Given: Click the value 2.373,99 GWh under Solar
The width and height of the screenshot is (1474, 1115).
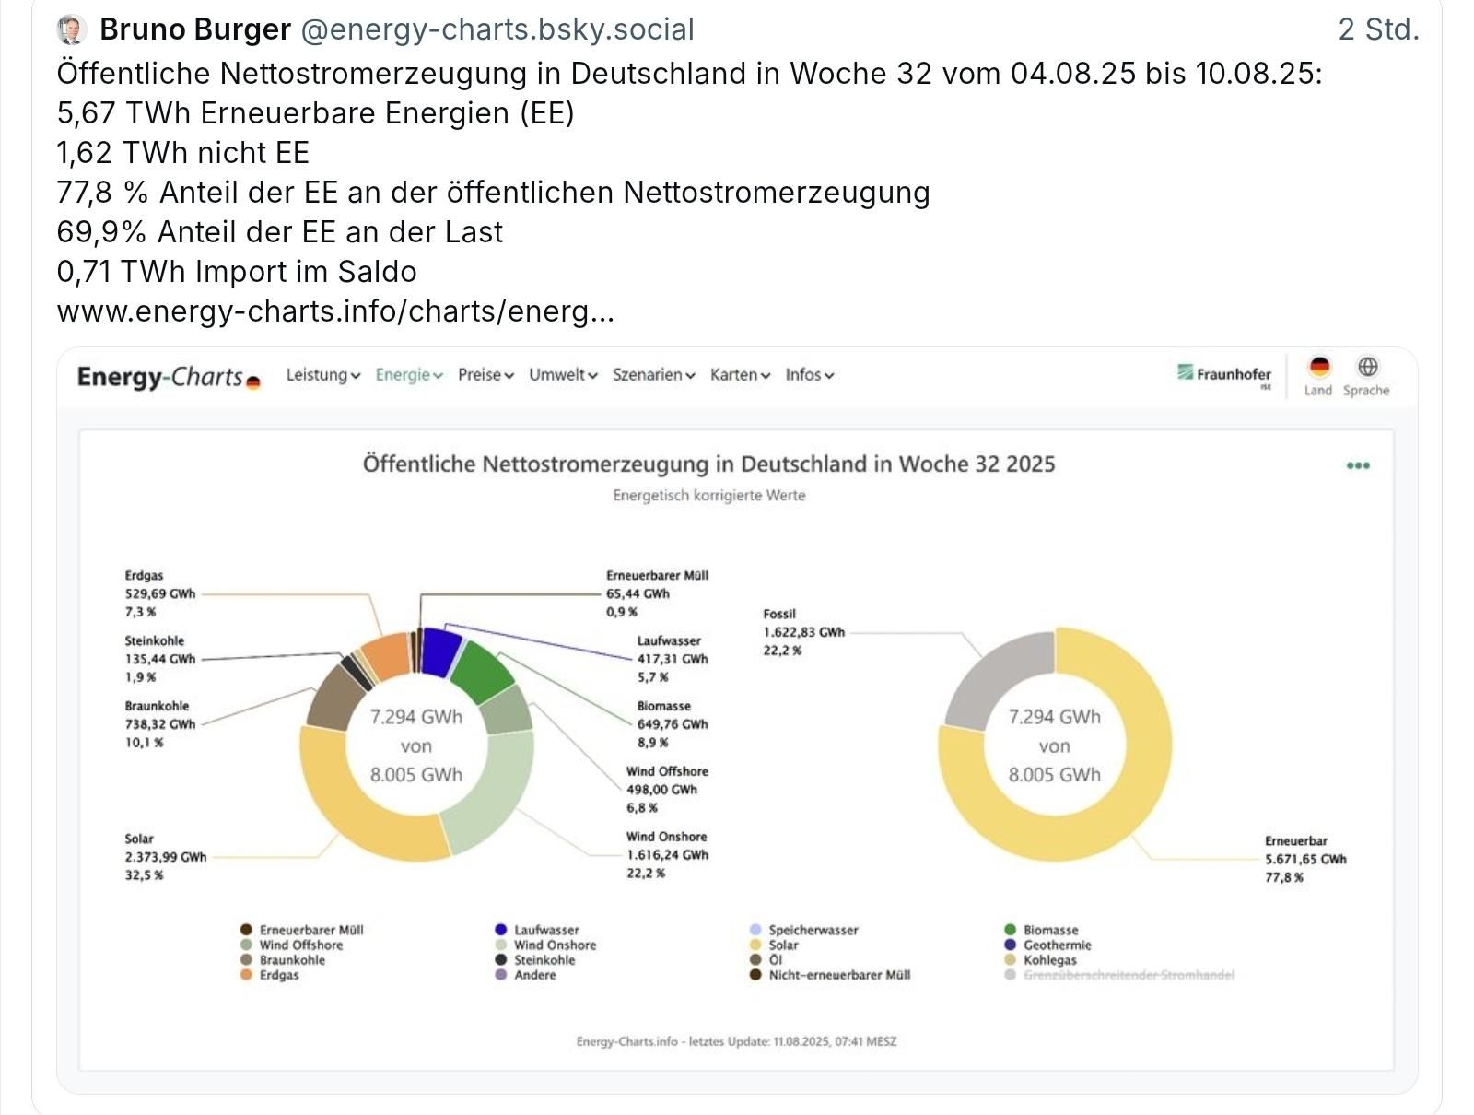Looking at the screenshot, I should [166, 857].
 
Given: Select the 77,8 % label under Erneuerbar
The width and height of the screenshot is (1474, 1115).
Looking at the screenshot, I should [1283, 877].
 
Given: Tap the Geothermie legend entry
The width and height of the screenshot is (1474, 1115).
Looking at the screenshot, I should [1057, 945].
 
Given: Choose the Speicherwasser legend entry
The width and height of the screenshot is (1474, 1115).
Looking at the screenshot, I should [813, 931].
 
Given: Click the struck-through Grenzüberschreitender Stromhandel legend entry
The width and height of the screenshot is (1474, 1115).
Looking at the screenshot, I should [1128, 975].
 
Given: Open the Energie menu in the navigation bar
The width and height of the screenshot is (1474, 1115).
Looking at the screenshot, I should [409, 375].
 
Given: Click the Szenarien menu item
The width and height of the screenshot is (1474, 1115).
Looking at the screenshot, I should [653, 375].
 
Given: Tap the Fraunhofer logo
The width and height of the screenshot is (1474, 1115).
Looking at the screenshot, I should [1224, 374].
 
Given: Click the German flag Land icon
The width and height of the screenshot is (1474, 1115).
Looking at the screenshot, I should [1318, 368].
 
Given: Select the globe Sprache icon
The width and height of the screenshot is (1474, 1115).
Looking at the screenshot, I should [1367, 367].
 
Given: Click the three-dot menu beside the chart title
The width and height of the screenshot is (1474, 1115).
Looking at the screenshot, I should [1358, 465].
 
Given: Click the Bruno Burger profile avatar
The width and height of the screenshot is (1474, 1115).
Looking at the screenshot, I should [73, 30].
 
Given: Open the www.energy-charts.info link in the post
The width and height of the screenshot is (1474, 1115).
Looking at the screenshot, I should [334, 311].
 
